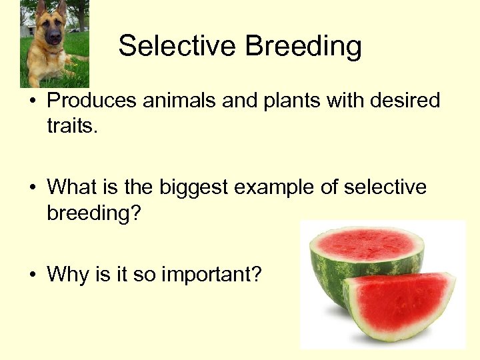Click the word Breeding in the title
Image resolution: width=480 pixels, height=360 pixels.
pos(303,47)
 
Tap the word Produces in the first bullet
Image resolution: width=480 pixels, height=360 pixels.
pos(93,101)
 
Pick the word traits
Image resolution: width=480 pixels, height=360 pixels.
pos(72,125)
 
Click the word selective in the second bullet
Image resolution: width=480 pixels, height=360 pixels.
pos(385,187)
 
